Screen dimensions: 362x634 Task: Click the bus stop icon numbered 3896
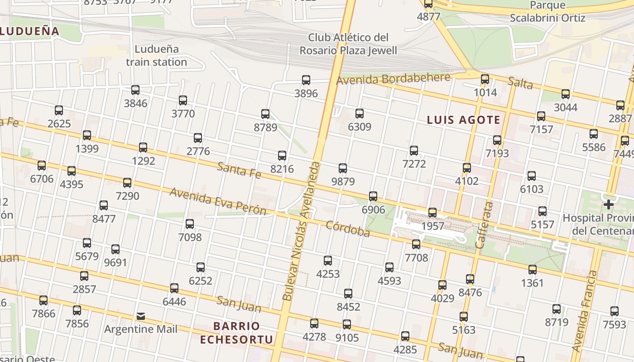[x=306, y=81]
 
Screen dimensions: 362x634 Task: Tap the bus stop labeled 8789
[x=265, y=114]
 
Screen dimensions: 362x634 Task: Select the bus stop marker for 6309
[x=360, y=114]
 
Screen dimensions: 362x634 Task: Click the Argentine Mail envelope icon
[x=141, y=316]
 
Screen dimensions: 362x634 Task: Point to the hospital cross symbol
[x=608, y=205]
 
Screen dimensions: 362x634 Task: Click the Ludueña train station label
[x=156, y=55]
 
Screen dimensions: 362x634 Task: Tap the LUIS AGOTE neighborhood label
[x=464, y=120]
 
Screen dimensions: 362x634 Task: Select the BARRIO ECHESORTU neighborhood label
[x=237, y=333]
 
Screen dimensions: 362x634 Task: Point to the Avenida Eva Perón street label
[x=218, y=202]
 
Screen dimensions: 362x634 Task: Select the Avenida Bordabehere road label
[x=393, y=79]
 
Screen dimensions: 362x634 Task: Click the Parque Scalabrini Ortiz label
[x=548, y=12]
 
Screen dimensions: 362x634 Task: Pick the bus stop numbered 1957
[x=432, y=213]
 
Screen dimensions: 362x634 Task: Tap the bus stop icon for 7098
[x=190, y=224]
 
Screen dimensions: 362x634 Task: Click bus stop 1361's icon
[x=533, y=270]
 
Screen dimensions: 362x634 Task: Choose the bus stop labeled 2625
[x=59, y=110]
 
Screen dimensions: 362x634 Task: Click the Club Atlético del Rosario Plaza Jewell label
[x=348, y=43]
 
